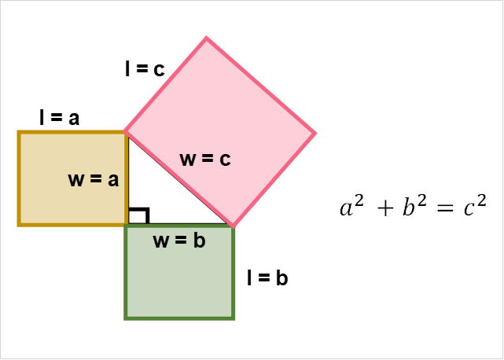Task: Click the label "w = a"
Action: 94,179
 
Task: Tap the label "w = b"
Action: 179,241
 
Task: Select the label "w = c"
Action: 205,159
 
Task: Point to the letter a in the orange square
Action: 113,181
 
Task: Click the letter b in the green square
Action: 200,241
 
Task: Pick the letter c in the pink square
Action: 225,160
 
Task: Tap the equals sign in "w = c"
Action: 207,159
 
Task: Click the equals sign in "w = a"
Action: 96,180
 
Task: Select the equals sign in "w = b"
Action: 181,241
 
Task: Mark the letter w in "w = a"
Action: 76,180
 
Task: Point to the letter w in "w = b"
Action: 161,241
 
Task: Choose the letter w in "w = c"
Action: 188,160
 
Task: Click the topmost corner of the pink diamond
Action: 206,35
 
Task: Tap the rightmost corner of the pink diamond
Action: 318,133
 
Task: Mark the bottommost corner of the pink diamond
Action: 234,228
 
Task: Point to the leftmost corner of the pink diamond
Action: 123,130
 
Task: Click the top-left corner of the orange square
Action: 17,130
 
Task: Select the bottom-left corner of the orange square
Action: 17,226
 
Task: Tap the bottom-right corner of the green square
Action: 235,320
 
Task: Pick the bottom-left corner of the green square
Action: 124,320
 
